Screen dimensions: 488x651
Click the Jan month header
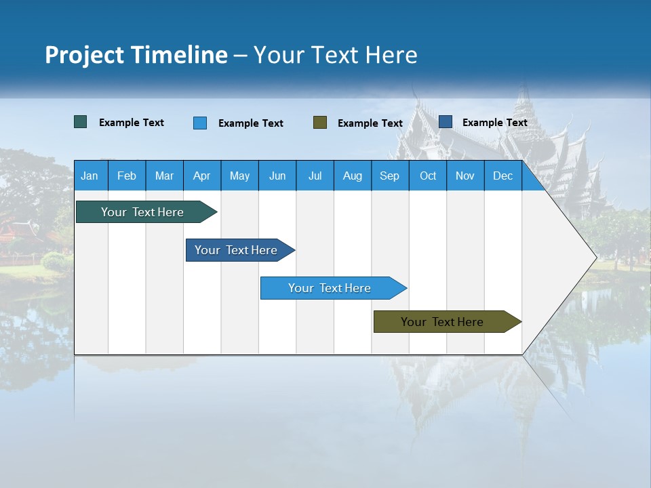(x=90, y=176)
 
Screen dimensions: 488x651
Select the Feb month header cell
(x=127, y=176)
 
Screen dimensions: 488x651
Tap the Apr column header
(x=201, y=176)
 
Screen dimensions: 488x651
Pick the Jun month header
(x=277, y=176)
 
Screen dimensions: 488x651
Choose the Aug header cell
(x=352, y=176)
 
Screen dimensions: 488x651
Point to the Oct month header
(x=427, y=176)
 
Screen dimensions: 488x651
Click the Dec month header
(x=502, y=176)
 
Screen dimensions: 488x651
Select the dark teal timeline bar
(x=142, y=212)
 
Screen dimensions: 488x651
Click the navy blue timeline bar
(x=236, y=250)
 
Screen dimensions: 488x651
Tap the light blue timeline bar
(x=330, y=288)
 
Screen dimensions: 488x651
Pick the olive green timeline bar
(x=442, y=322)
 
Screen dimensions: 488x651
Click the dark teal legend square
(x=81, y=122)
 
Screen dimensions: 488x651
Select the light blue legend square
(x=200, y=123)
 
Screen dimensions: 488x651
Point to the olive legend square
(x=320, y=123)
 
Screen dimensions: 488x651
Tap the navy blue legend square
(x=446, y=122)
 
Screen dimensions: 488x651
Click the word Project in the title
(x=84, y=55)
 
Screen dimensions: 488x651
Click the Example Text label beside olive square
(x=370, y=123)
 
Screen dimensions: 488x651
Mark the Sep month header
(x=389, y=176)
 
